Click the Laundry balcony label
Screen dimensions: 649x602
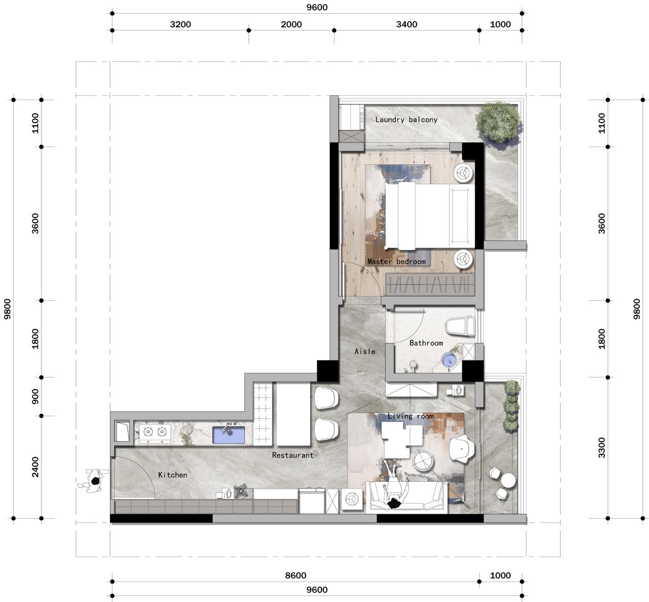coord(406,120)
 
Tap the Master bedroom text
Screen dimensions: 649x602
coord(396,262)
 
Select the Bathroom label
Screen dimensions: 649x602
coord(426,343)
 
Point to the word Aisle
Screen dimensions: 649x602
coord(365,351)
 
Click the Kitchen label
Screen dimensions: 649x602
coord(172,475)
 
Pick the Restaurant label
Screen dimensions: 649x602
coord(293,455)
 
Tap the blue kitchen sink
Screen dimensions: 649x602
coord(229,435)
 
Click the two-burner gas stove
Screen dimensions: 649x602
coord(155,434)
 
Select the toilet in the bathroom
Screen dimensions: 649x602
coord(460,326)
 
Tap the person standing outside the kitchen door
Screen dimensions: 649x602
coord(92,481)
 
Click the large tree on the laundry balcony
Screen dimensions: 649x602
coord(498,122)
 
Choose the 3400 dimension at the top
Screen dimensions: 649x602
coord(407,24)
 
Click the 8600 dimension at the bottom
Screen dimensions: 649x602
coord(296,575)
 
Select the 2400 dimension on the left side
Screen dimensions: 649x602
coord(35,467)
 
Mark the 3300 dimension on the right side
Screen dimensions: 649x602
coord(602,448)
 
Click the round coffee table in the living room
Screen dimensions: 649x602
coord(423,461)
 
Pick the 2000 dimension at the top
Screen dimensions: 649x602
coord(291,24)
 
